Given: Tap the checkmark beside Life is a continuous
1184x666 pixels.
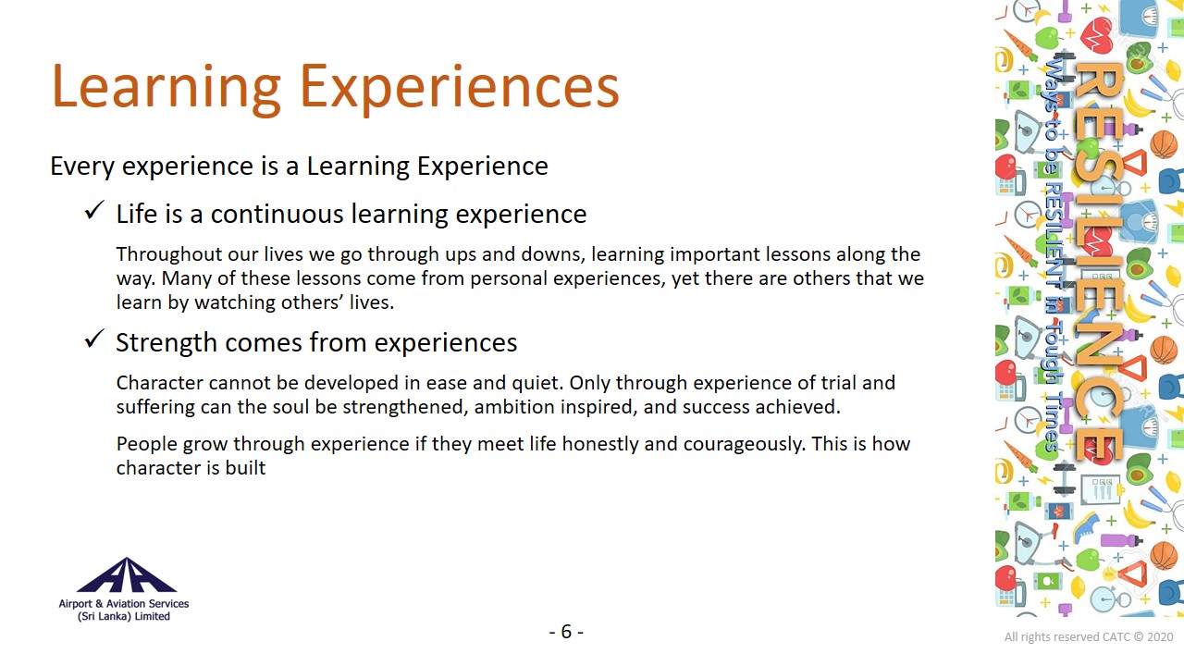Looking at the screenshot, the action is click(94, 210).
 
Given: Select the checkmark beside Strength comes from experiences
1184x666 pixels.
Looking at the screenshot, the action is click(94, 339).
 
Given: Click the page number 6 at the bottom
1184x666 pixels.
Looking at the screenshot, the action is click(566, 631).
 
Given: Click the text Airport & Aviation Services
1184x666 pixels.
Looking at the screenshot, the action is click(124, 604).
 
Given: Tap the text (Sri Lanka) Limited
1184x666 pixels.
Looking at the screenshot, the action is click(124, 616).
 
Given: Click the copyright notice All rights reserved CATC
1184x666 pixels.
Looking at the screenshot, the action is click(1089, 637).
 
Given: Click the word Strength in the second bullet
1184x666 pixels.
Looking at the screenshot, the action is click(166, 342).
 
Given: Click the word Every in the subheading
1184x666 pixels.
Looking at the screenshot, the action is click(82, 166).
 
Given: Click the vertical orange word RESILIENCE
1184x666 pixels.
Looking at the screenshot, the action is click(1098, 262).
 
